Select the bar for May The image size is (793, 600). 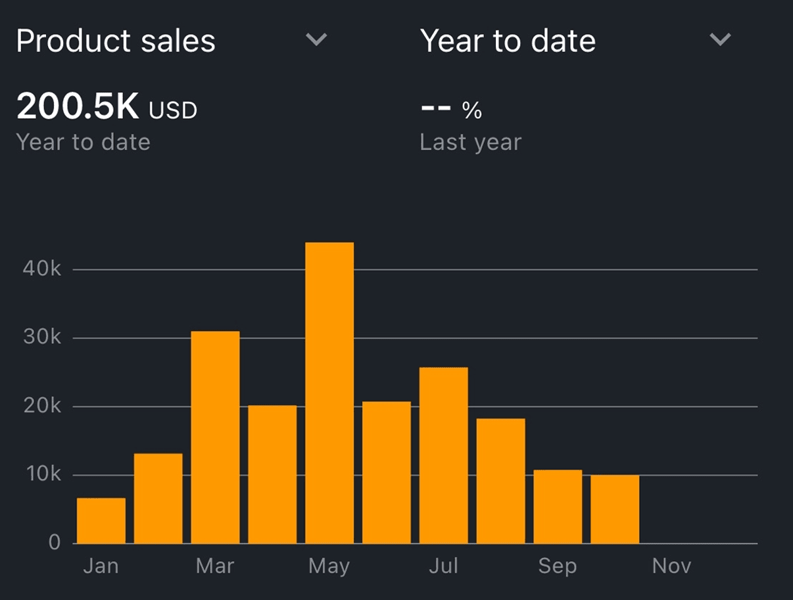329,393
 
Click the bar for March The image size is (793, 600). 215,437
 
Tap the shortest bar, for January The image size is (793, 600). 101,520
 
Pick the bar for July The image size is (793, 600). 444,455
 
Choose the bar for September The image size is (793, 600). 558,506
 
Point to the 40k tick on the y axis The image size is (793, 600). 41,269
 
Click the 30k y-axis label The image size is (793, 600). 41,338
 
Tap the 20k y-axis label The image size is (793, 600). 41,406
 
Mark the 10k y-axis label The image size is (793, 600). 41,474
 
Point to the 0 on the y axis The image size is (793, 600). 54,543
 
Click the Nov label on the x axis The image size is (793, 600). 671,566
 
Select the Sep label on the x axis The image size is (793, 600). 558,566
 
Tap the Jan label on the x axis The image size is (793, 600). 101,566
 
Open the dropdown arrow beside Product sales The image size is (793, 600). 316,40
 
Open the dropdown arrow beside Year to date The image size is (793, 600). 721,40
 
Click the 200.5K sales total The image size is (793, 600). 78,106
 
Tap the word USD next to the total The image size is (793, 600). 173,110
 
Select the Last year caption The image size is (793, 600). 471,143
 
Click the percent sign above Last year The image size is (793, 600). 471,111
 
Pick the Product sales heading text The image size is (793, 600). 116,41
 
